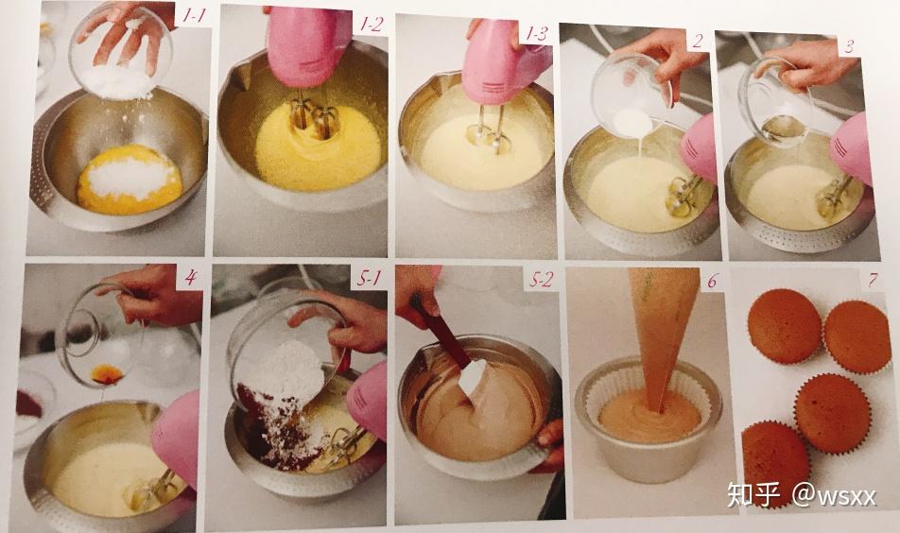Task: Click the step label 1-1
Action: [x=194, y=15]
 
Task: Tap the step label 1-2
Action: [x=371, y=24]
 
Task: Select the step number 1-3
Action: [x=537, y=34]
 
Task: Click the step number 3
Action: [x=850, y=46]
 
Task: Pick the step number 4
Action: [x=191, y=278]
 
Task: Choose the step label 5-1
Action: [x=369, y=279]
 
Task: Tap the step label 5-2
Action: [x=541, y=280]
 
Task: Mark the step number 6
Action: [x=712, y=281]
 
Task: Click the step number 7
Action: [x=873, y=280]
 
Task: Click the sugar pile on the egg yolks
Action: [x=130, y=177]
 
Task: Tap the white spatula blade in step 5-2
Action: [x=473, y=377]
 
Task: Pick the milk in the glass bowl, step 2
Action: [x=633, y=123]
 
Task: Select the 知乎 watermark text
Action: [x=753, y=494]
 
